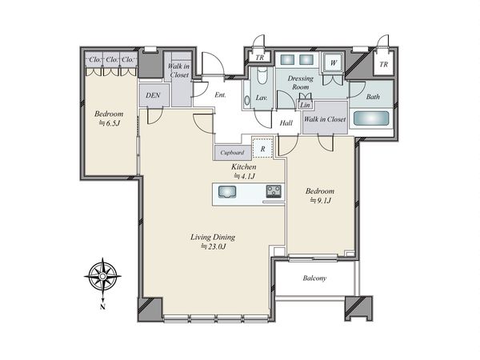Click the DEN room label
[153, 95]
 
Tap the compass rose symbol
[103, 277]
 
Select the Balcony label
[314, 278]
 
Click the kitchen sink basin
[227, 192]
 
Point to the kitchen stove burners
[274, 192]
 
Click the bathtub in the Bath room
[371, 118]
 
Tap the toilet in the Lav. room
[262, 76]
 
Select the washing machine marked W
[333, 62]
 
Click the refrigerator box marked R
[262, 149]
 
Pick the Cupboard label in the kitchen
[232, 153]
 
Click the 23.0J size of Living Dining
[214, 246]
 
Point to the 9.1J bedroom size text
[321, 201]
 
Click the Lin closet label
[305, 105]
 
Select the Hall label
[286, 123]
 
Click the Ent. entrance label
[220, 95]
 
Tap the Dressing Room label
[300, 82]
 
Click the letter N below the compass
[102, 306]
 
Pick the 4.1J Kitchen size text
[244, 176]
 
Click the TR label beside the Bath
[383, 64]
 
